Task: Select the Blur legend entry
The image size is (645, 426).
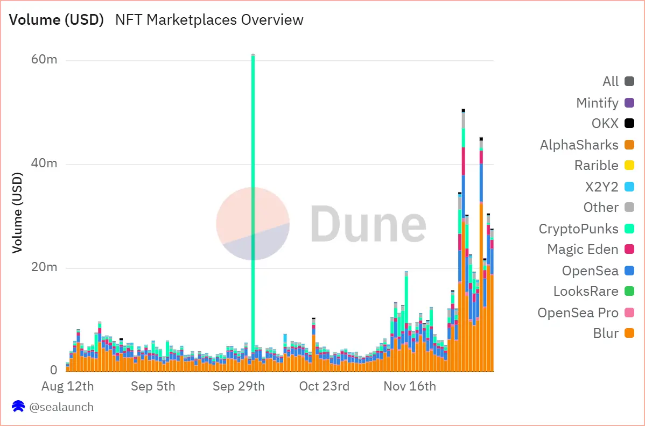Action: [606, 333]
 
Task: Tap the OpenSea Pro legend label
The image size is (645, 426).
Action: [578, 313]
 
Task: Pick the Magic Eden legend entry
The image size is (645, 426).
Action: [583, 250]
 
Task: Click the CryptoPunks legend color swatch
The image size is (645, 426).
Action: [629, 229]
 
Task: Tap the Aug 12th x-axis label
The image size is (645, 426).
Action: [68, 386]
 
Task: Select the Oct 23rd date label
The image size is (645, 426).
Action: [325, 386]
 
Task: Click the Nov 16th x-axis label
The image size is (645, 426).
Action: [410, 386]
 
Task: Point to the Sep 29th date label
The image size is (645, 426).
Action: [239, 386]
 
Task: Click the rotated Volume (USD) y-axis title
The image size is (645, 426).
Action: [18, 213]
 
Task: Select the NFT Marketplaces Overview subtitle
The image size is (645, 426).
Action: [209, 20]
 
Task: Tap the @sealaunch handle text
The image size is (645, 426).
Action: [61, 407]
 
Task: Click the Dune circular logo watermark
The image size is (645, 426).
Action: [253, 223]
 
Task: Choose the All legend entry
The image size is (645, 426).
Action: [611, 82]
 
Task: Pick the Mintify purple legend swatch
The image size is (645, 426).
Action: [629, 103]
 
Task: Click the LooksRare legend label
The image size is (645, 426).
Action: [586, 292]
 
